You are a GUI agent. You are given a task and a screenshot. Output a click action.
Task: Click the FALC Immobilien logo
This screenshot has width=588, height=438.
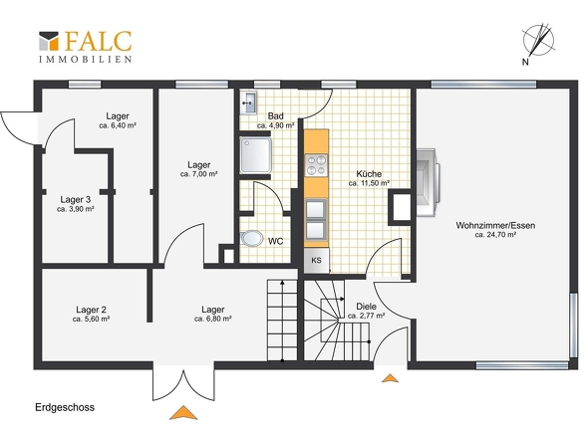pyautogui.click(x=86, y=47)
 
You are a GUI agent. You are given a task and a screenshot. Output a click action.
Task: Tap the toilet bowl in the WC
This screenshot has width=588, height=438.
pyautogui.click(x=251, y=238)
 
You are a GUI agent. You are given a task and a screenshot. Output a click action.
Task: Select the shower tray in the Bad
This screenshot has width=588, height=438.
pyautogui.click(x=255, y=155)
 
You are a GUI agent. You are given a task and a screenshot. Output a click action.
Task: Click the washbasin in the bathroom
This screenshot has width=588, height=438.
pyautogui.click(x=248, y=102)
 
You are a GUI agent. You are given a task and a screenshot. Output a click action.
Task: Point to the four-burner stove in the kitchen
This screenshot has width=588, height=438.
pyautogui.click(x=316, y=165)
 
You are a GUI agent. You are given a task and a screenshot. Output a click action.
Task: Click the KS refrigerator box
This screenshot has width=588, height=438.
pyautogui.click(x=316, y=260)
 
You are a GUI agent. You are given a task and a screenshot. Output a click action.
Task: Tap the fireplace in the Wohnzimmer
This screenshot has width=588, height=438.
pyautogui.click(x=428, y=182)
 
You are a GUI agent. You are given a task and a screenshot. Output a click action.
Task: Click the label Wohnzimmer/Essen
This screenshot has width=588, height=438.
pyautogui.click(x=495, y=226)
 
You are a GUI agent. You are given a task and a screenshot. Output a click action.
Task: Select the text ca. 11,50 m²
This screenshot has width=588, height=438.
pyautogui.click(x=369, y=183)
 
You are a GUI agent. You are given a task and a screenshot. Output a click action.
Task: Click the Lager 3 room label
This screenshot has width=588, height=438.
pyautogui.click(x=76, y=200)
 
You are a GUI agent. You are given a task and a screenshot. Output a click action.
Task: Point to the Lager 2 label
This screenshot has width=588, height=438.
pyautogui.click(x=91, y=310)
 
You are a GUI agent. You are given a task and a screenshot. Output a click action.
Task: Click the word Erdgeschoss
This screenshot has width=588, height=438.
pyautogui.click(x=65, y=408)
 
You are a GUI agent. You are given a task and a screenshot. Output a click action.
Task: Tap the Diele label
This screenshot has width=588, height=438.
pyautogui.click(x=366, y=307)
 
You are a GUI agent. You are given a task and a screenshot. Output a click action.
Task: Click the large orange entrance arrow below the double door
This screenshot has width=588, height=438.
pyautogui.click(x=183, y=412)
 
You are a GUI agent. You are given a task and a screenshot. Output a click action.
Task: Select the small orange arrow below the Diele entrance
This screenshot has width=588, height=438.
pyautogui.click(x=390, y=378)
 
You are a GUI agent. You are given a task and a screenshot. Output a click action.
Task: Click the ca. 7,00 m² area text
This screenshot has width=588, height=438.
pyautogui.click(x=199, y=174)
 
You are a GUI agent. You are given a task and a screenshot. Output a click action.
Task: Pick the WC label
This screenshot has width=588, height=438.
pyautogui.click(x=276, y=241)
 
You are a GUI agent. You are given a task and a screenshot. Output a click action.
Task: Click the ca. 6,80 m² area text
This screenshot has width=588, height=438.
pyautogui.click(x=213, y=319)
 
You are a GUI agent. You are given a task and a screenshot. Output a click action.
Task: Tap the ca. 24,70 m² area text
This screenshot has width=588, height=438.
pyautogui.click(x=495, y=235)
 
